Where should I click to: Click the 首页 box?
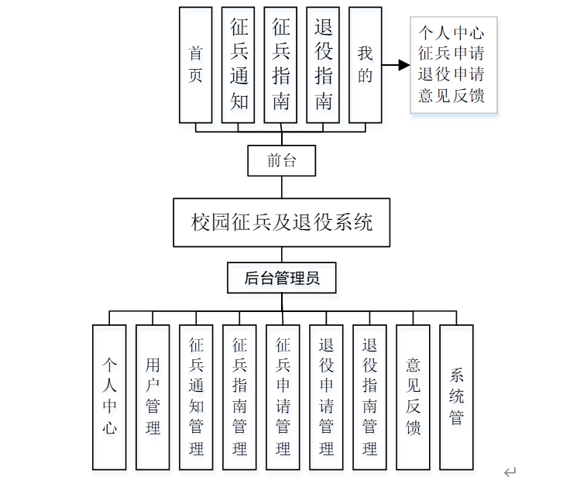click(x=195, y=65)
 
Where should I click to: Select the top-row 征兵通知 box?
click(x=238, y=65)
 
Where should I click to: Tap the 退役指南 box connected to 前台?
click(x=323, y=65)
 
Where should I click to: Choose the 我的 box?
click(x=365, y=65)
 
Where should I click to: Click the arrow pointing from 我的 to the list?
click(x=396, y=65)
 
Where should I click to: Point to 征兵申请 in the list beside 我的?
click(x=451, y=54)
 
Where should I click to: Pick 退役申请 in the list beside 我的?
click(x=451, y=75)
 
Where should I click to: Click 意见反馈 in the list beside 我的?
click(x=451, y=96)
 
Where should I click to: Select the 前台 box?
click(x=281, y=161)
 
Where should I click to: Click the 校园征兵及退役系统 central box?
click(x=281, y=223)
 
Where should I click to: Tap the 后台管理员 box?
click(x=281, y=278)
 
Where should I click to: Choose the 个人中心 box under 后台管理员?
click(x=109, y=396)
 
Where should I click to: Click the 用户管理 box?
click(x=153, y=396)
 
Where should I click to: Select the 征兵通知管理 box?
click(x=196, y=396)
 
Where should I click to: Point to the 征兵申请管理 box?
click(x=283, y=396)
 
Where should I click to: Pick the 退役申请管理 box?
click(x=326, y=396)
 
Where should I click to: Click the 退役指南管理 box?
click(x=369, y=396)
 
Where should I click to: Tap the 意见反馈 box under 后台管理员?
click(x=413, y=396)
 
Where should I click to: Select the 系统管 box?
click(x=456, y=396)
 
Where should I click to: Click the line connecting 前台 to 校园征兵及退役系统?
click(x=281, y=187)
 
